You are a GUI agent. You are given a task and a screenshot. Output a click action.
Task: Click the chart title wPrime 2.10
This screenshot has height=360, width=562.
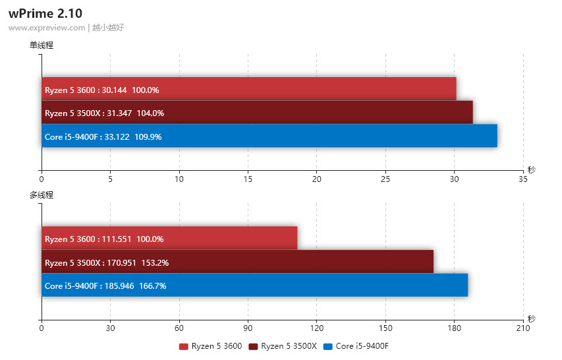pyautogui.click(x=45, y=13)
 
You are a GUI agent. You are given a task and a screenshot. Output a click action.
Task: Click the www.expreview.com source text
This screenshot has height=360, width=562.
pyautogui.click(x=47, y=28)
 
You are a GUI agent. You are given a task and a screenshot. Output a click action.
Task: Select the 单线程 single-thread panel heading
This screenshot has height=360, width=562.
pyautogui.click(x=41, y=45)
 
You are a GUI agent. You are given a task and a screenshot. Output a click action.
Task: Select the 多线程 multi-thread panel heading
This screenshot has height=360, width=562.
pyautogui.click(x=41, y=195)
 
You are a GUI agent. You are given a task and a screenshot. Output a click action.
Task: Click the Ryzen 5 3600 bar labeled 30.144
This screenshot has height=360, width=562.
pyautogui.click(x=248, y=89)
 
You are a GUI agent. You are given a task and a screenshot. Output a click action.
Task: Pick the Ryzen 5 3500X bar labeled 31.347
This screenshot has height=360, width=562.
pyautogui.click(x=257, y=113)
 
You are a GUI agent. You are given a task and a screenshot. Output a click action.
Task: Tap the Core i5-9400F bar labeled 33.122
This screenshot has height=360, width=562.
pyautogui.click(x=269, y=136)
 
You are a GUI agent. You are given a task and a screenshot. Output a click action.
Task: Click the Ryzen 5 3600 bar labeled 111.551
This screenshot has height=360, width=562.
pyautogui.click(x=169, y=239)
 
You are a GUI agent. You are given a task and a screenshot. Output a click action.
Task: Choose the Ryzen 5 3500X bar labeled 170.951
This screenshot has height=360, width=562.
pyautogui.click(x=237, y=262)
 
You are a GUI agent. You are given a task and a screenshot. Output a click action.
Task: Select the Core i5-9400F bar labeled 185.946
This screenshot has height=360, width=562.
pyautogui.click(x=254, y=285)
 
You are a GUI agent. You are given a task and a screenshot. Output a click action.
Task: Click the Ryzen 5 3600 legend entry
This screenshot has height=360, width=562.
pyautogui.click(x=211, y=346)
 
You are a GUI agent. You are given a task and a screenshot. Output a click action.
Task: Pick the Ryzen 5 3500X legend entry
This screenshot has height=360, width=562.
pyautogui.click(x=283, y=346)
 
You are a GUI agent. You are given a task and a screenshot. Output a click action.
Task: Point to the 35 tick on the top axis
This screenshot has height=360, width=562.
pyautogui.click(x=523, y=179)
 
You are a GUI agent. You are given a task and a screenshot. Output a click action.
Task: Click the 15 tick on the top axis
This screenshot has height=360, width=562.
pyautogui.click(x=248, y=179)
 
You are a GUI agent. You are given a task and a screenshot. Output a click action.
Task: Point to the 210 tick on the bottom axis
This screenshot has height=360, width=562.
pyautogui.click(x=523, y=328)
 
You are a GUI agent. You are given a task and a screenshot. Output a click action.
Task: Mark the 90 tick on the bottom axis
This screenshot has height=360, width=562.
pyautogui.click(x=248, y=328)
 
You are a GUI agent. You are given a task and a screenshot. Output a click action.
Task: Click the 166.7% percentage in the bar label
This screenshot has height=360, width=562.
pyautogui.click(x=152, y=286)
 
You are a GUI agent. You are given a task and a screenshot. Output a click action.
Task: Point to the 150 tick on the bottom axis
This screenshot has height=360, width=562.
pyautogui.click(x=385, y=328)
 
